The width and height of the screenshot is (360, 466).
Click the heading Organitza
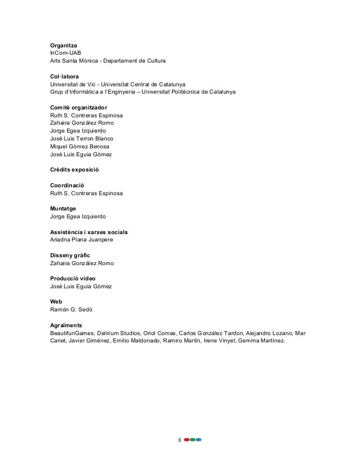[64, 45]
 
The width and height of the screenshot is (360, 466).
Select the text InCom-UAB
[65, 52]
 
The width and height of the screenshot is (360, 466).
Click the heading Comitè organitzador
[79, 107]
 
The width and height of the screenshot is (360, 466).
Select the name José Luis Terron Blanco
[82, 138]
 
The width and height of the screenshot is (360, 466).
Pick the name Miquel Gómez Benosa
[80, 146]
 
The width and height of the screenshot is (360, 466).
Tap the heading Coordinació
[67, 185]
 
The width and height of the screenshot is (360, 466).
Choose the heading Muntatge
[63, 208]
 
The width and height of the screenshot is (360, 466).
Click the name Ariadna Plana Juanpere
[82, 240]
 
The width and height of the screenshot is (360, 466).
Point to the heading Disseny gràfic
[70, 255]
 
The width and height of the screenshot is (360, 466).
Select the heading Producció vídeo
[73, 278]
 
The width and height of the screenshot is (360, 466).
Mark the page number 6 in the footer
[179, 439]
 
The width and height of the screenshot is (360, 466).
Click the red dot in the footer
[187, 439]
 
